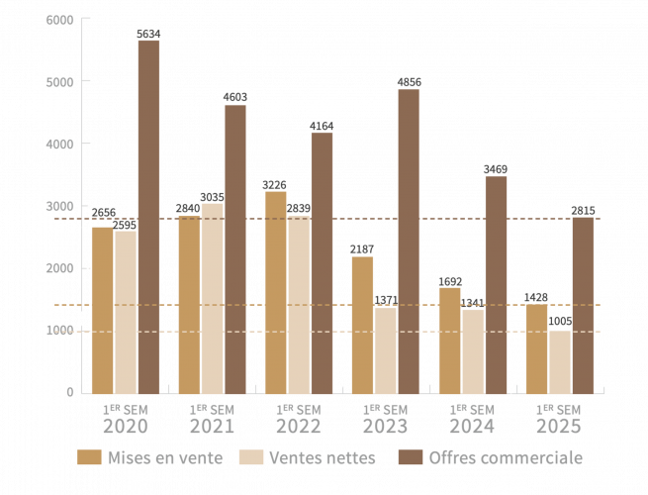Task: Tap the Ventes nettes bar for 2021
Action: [x=212, y=298]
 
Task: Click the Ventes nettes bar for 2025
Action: [x=559, y=361]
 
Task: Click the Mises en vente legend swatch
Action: [x=90, y=457]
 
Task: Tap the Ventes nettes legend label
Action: [x=322, y=457]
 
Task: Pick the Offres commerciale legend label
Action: [x=505, y=457]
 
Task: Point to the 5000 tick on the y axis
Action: [x=59, y=81]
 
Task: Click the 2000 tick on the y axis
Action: [x=59, y=268]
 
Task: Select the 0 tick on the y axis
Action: [x=70, y=392]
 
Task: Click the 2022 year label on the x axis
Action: [x=299, y=427]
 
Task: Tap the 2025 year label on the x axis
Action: [x=558, y=427]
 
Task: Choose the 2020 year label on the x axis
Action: [x=125, y=427]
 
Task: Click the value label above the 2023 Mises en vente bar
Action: [x=362, y=248]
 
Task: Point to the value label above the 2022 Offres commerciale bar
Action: [x=322, y=125]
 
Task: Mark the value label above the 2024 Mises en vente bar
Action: [x=449, y=280]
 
